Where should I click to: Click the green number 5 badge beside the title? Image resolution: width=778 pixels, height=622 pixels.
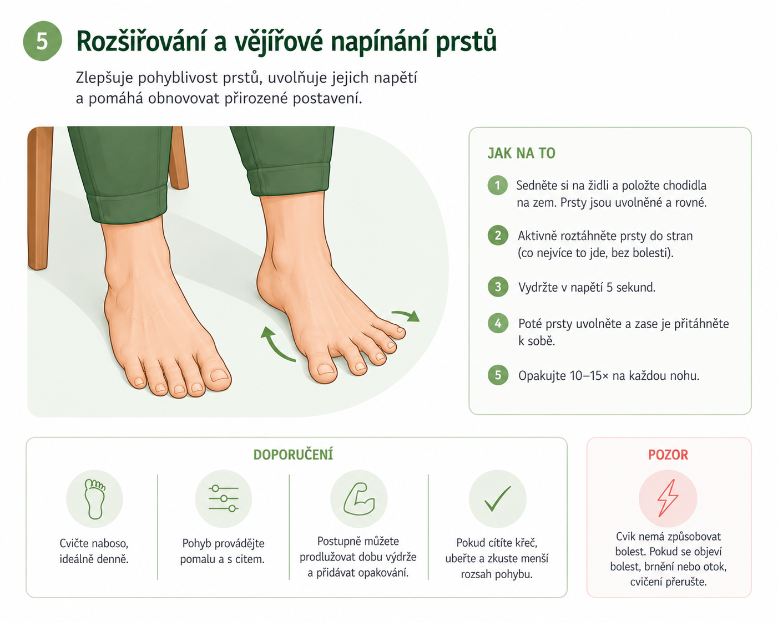[42, 41]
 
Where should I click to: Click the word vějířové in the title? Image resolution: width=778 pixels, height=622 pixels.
[278, 42]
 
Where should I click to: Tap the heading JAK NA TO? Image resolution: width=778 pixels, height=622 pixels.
[521, 153]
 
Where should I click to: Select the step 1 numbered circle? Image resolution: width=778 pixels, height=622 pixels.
[497, 185]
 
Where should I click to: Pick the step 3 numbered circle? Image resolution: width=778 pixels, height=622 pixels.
[498, 287]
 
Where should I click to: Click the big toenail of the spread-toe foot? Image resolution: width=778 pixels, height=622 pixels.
[325, 369]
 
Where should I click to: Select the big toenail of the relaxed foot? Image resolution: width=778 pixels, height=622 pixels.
[219, 375]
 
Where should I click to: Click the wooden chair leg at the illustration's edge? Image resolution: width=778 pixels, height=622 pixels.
[39, 197]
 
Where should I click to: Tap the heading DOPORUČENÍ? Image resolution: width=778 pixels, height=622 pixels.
[293, 455]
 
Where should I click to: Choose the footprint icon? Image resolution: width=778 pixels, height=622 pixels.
[95, 499]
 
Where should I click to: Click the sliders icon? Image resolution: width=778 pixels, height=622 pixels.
[224, 498]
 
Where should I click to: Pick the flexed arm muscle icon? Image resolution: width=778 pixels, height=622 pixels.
[359, 498]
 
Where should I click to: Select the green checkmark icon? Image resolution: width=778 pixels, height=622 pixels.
[497, 498]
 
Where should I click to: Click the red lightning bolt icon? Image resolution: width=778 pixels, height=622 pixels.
[668, 498]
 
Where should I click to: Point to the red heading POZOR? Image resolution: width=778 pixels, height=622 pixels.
[668, 455]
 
